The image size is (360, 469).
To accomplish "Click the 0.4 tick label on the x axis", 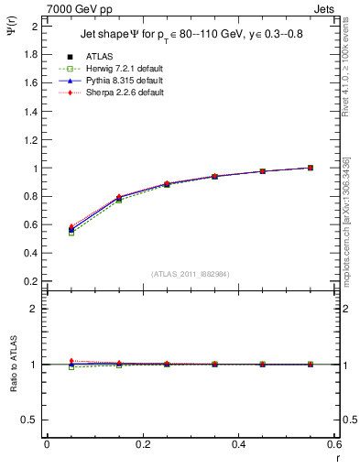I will (x=239, y=444).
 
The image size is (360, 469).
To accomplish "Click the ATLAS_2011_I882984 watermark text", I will (x=190, y=273).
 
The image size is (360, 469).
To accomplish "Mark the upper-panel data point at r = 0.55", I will (x=311, y=168).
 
